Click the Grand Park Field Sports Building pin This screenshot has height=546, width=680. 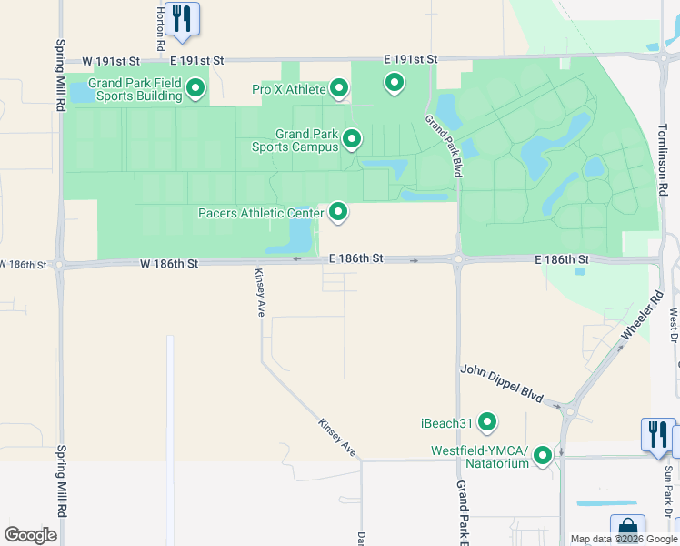point(195,88)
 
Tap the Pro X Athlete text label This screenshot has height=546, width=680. point(288,89)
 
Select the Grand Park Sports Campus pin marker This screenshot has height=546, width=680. point(352,139)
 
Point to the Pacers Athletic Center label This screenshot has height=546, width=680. point(261,214)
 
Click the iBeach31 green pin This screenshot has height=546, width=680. point(488,422)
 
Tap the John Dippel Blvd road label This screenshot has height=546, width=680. point(502,384)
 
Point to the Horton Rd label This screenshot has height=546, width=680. point(160,27)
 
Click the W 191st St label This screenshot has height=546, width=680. point(111,60)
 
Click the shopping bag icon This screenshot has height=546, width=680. point(627,530)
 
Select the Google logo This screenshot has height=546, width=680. point(30,535)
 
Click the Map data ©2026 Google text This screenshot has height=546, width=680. point(624,539)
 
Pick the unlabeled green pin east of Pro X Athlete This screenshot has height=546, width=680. point(395,84)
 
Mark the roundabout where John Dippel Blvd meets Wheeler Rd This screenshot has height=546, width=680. point(569,410)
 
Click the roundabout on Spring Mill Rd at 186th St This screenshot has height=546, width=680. point(60,265)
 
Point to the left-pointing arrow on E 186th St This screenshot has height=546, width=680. point(296,259)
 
